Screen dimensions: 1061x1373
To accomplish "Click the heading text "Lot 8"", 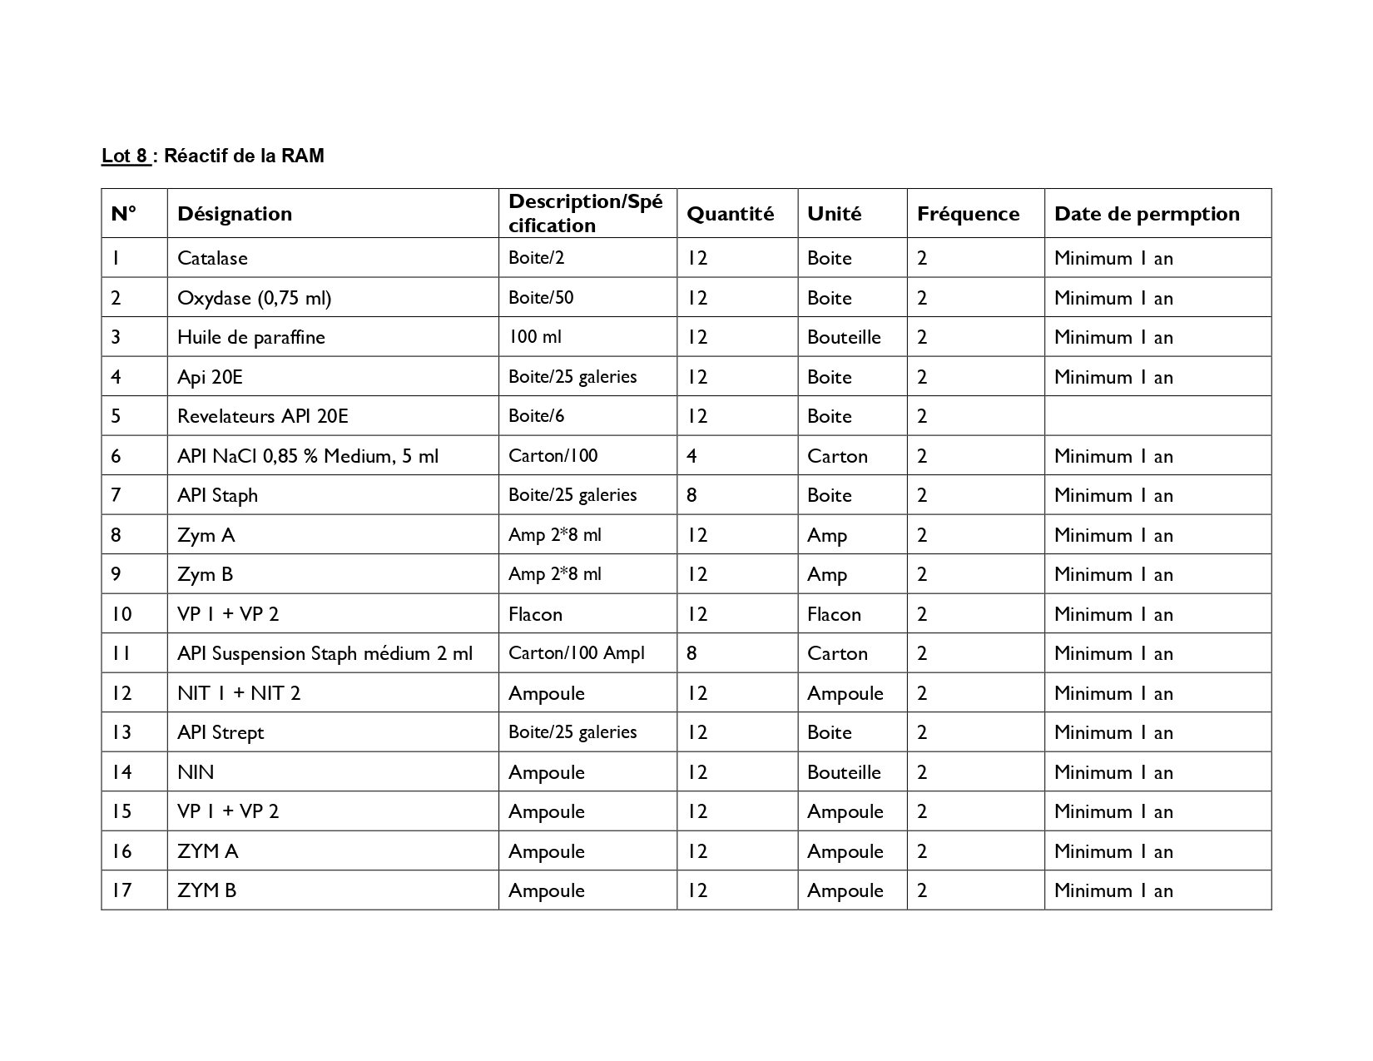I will coord(125,156).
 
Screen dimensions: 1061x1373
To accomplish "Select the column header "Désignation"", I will coord(235,214).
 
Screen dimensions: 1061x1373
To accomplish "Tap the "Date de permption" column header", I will coord(1147,214).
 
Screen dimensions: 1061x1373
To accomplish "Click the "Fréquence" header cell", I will coord(968,214).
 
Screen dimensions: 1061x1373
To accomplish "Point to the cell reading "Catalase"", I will coord(212,258).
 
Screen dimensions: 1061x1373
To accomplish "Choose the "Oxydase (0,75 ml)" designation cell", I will coord(254,298).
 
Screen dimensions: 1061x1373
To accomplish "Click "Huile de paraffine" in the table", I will coord(250,337).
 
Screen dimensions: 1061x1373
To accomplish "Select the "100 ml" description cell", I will coord(534,337).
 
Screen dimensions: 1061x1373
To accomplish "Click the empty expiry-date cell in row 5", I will coord(1157,416).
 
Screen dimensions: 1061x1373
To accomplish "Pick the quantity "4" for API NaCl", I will coord(691,456).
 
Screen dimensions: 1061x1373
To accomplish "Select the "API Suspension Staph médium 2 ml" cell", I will coord(325,653).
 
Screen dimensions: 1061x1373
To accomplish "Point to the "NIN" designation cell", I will coord(196,772).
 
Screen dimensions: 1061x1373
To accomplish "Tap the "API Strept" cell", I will coord(221,732).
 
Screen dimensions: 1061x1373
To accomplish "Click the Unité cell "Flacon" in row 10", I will coord(834,614).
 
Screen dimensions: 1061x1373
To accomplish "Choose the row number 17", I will coord(121,890).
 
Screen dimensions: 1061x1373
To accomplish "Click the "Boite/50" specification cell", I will coord(541,298).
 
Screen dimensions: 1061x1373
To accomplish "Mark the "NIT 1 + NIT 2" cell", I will coord(239,693).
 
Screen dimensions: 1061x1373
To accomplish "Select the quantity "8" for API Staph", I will coord(691,495).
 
